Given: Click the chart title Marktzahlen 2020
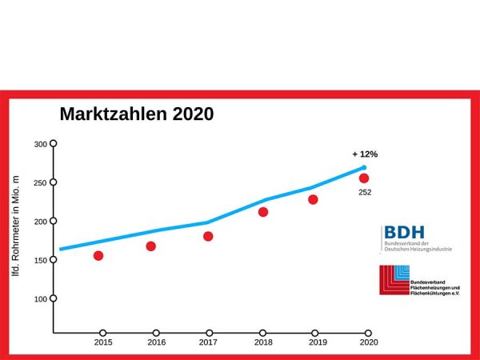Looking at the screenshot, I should tap(137, 114).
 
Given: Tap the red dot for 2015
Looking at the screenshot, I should tap(98, 256).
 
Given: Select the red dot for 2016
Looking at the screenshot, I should tap(150, 246).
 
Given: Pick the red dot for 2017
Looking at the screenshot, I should tap(208, 236).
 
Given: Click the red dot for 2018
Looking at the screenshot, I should tap(263, 212).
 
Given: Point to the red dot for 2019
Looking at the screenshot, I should tap(313, 199).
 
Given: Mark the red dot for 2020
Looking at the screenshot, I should tap(364, 178).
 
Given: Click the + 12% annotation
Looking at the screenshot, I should tap(364, 154).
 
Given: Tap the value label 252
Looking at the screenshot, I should tap(365, 192).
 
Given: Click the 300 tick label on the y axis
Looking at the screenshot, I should tap(40, 144).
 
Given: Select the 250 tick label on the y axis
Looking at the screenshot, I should tap(40, 182).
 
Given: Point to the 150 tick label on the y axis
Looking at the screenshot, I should tap(40, 260).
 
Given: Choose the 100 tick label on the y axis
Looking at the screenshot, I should tap(40, 298).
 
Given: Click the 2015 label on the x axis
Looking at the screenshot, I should tap(102, 342).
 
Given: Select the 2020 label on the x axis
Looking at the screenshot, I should tap(368, 342).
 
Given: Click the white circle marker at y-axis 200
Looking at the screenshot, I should tap(54, 221).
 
